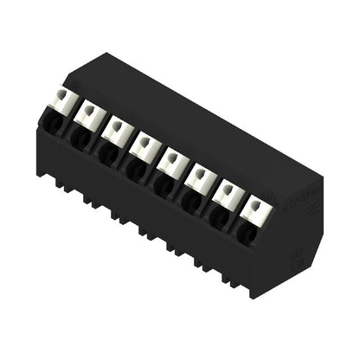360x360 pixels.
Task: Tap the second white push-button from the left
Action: point(88,112)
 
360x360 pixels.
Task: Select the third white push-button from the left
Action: point(117,127)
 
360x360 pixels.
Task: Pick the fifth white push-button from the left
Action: point(171,159)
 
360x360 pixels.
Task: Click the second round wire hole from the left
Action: point(79,138)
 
